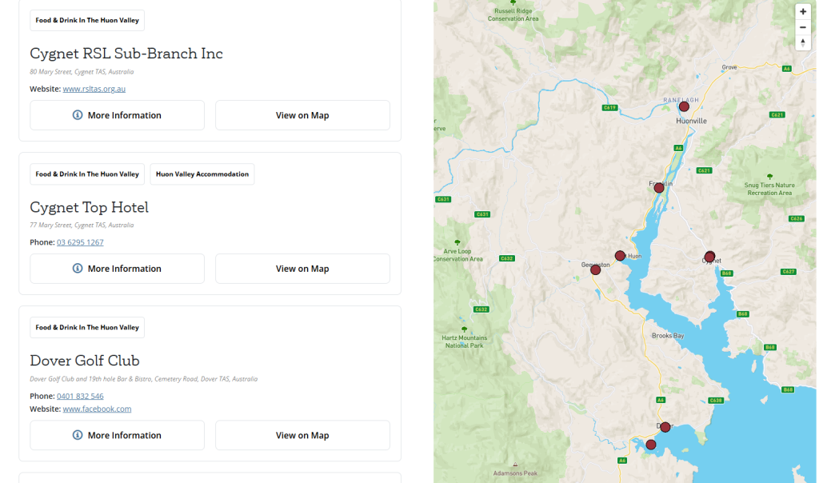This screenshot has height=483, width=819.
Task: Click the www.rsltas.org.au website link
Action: (x=94, y=89)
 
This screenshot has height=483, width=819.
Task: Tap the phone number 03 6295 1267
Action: (x=80, y=242)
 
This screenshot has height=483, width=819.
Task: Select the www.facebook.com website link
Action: (x=97, y=409)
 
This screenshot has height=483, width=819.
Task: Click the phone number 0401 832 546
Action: (x=80, y=396)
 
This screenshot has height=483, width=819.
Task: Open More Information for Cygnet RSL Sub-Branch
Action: (x=117, y=115)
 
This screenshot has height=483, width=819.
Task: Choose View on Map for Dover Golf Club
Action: (x=302, y=435)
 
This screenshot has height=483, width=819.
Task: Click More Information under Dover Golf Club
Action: (x=117, y=435)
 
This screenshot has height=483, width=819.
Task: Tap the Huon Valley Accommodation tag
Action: (x=202, y=174)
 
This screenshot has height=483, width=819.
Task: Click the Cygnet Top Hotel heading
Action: (x=89, y=207)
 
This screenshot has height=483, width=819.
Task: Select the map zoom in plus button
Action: (x=803, y=12)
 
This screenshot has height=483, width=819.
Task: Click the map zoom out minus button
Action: (x=803, y=27)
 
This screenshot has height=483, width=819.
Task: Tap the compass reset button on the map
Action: (x=803, y=42)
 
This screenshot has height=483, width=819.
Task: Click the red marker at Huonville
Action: (x=684, y=106)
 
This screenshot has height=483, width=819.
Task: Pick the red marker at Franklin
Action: (x=659, y=187)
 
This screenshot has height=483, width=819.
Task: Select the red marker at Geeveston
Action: (x=595, y=270)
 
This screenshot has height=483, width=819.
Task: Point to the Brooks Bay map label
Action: (x=668, y=336)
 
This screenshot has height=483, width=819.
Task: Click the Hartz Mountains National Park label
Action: (x=464, y=342)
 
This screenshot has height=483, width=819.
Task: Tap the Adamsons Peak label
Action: (x=516, y=473)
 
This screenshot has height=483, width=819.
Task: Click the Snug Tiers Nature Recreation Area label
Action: (x=769, y=189)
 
